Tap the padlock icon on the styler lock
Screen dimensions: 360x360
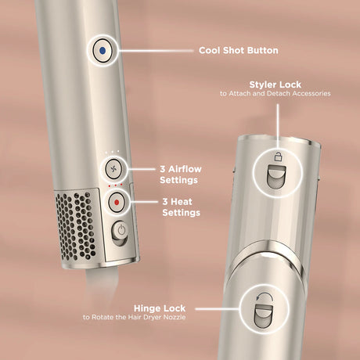(x=276, y=158)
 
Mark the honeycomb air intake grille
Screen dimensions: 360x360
(x=78, y=222)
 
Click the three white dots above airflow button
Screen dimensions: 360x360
(x=115, y=151)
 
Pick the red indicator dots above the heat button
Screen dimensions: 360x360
(x=115, y=186)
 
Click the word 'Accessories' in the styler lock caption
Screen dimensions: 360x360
(x=312, y=93)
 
